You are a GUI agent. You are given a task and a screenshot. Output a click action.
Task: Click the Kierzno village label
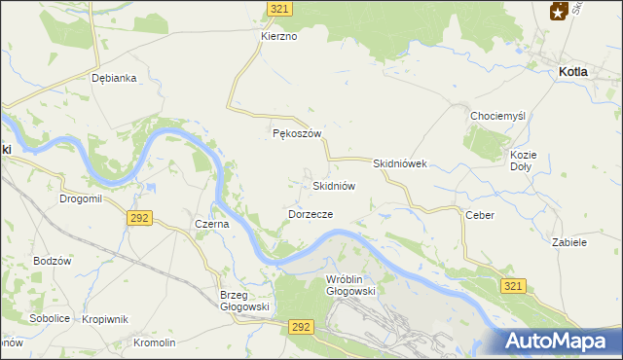point(278,36)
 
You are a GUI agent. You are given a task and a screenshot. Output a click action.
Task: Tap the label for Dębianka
point(112,78)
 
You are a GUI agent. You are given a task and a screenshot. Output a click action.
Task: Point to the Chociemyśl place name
point(497,116)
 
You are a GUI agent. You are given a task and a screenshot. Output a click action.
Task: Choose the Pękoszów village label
point(296,134)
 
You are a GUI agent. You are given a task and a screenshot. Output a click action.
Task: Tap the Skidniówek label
point(400,164)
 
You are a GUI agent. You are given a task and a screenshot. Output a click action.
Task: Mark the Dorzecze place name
point(311,213)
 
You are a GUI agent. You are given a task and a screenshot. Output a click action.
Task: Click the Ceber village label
point(480,215)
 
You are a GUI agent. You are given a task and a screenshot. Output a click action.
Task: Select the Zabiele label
point(569,242)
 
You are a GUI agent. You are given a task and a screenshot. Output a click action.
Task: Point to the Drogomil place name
point(80,198)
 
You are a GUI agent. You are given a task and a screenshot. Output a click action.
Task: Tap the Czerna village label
point(211,223)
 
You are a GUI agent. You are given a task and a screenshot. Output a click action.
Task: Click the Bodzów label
point(53,261)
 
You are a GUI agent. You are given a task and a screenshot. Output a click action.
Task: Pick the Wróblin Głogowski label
point(349,284)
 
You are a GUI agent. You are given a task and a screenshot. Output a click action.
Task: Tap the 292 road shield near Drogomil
point(138,219)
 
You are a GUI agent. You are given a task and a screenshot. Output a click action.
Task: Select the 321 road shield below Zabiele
point(515,286)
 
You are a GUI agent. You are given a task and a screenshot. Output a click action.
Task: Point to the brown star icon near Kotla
point(559,10)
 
